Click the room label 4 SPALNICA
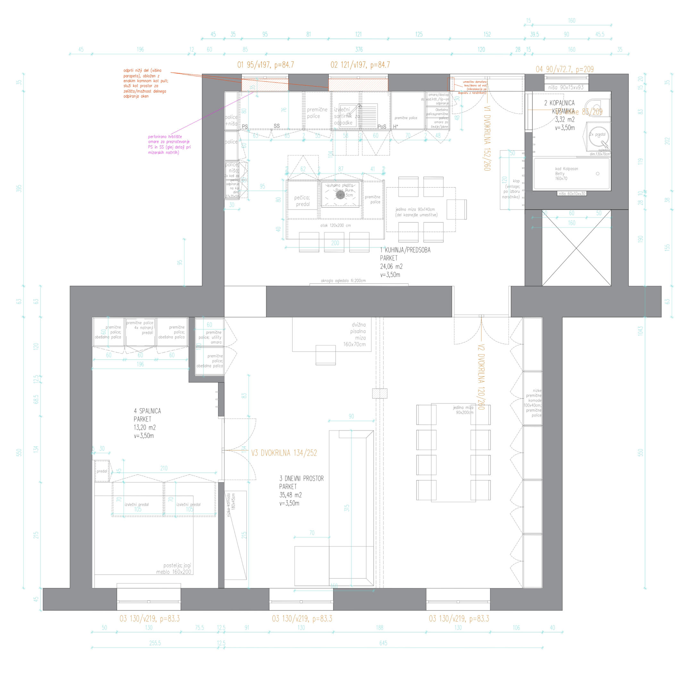147,411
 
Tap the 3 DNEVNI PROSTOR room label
301,478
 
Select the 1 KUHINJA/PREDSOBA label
405,250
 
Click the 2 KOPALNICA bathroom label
559,103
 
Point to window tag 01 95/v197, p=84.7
265,65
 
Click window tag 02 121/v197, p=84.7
360,65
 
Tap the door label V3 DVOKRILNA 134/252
284,453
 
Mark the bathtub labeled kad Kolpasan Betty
571,174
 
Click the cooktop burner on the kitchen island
340,195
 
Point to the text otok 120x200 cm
335,225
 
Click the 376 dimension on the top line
358,49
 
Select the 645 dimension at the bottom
383,643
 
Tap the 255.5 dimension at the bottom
155,643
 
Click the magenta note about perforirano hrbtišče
169,145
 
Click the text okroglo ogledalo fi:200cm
343,281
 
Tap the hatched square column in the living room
380,394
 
